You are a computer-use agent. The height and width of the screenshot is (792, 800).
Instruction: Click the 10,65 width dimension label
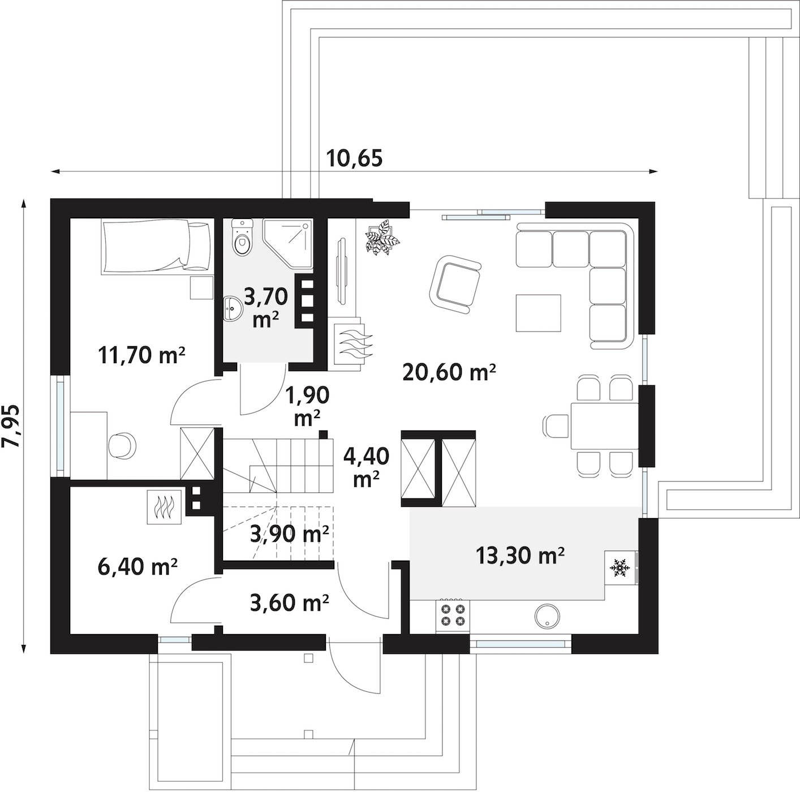click(x=354, y=158)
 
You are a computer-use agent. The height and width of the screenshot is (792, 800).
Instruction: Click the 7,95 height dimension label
click(x=11, y=425)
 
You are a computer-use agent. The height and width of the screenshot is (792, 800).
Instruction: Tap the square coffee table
click(x=538, y=313)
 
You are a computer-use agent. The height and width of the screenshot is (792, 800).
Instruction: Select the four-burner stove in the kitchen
click(x=453, y=616)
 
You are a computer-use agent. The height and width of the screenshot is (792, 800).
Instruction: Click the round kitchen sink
click(x=548, y=616)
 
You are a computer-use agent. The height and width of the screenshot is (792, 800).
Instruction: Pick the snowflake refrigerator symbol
click(x=618, y=567)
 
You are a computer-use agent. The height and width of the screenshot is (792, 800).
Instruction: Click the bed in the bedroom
click(x=158, y=247)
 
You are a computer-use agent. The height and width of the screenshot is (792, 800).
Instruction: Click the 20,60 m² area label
click(x=449, y=372)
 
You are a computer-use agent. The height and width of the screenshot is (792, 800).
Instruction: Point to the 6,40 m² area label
click(x=138, y=566)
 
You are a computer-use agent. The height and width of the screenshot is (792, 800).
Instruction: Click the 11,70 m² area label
click(x=141, y=355)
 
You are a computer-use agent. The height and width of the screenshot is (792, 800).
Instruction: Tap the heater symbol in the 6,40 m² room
click(x=164, y=507)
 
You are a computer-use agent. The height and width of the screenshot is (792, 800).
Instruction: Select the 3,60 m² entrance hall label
click(x=289, y=603)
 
